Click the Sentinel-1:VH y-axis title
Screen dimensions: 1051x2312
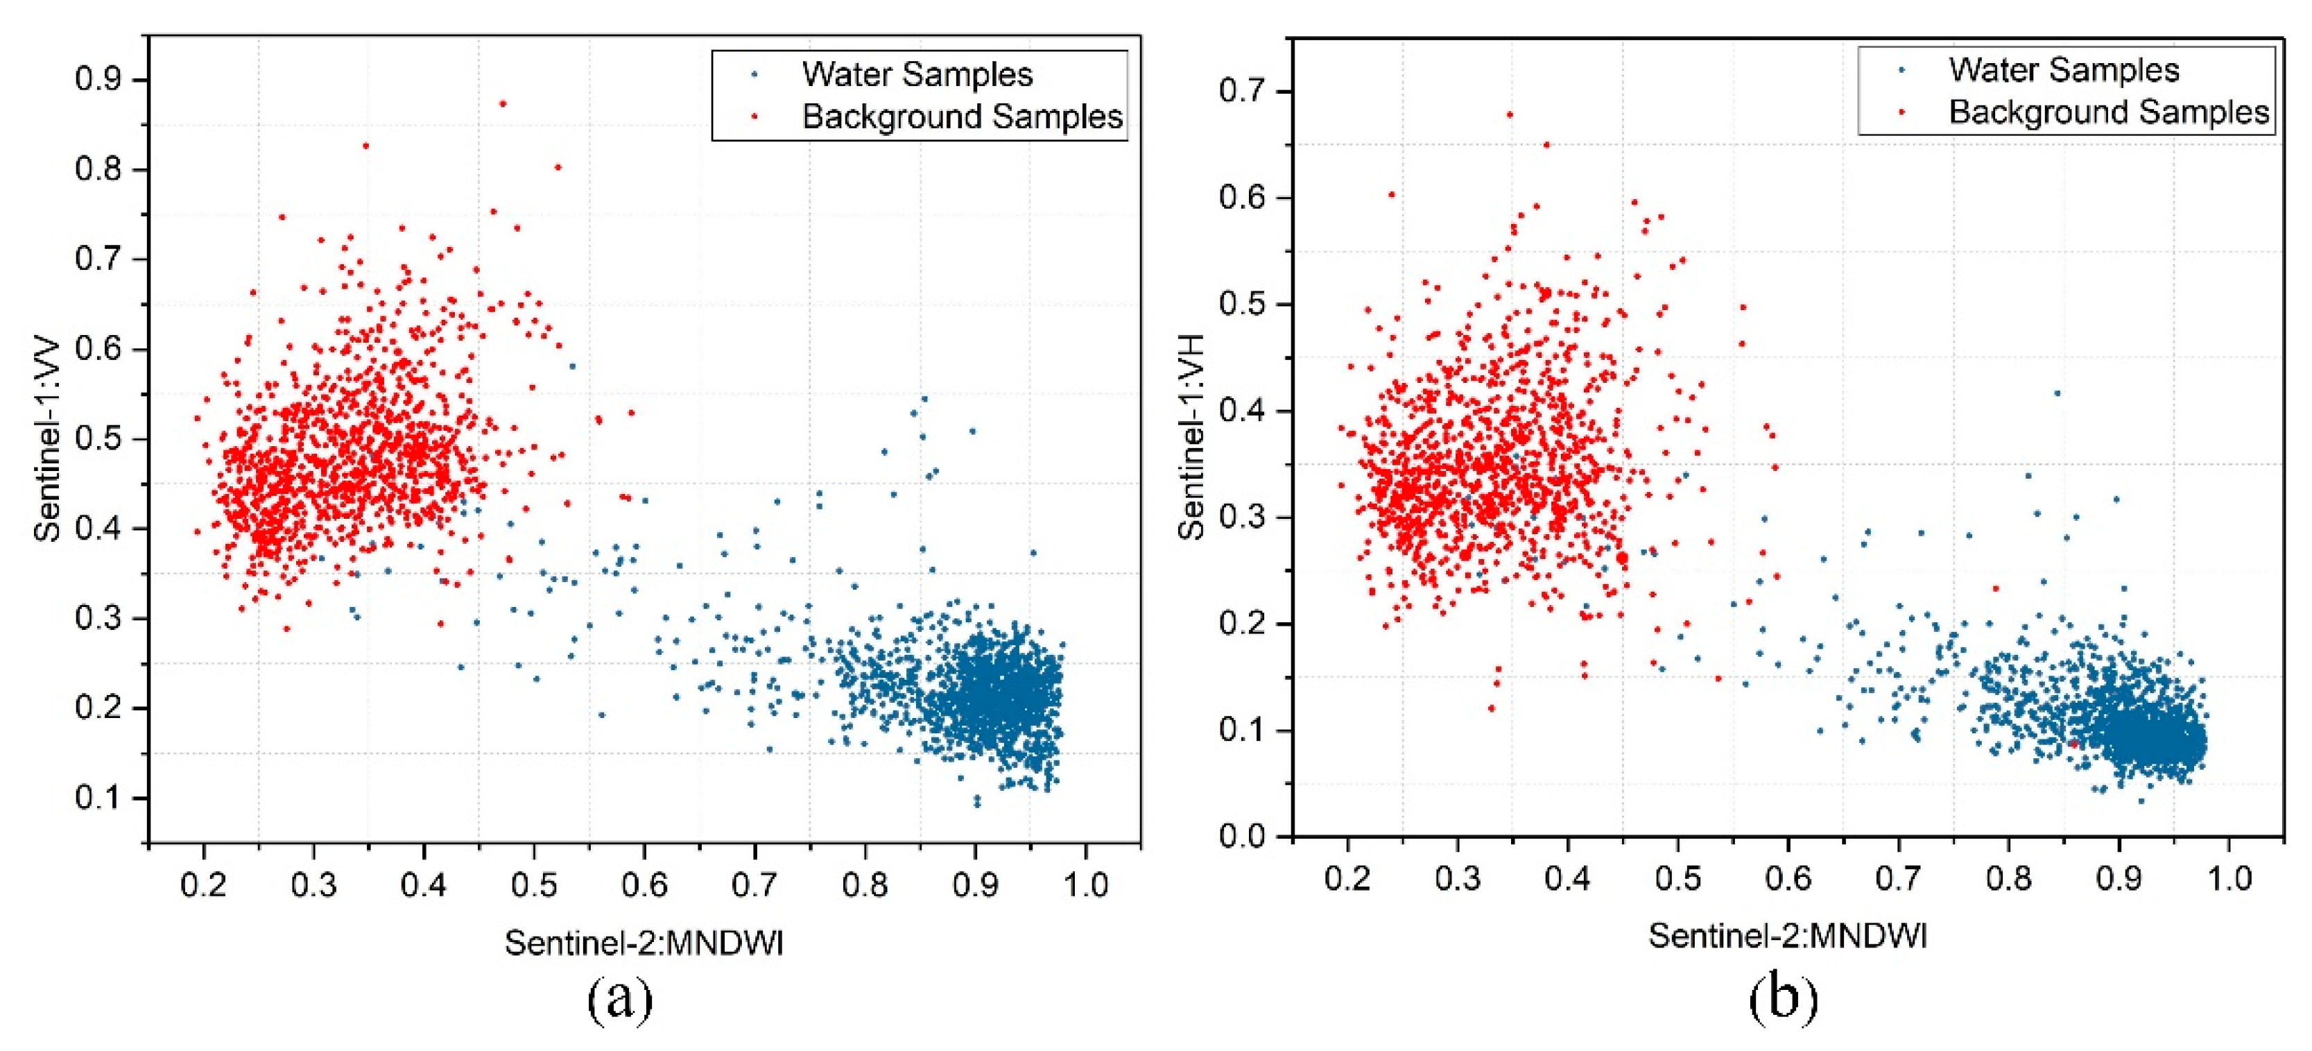click(x=1191, y=437)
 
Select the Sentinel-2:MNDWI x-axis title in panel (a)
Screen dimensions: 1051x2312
click(x=644, y=942)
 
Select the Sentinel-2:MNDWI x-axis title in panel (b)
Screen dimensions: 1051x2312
click(x=1787, y=936)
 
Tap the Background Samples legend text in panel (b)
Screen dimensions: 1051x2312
click(x=2108, y=112)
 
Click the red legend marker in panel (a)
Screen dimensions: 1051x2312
click(x=754, y=116)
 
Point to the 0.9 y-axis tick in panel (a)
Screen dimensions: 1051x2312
click(x=98, y=80)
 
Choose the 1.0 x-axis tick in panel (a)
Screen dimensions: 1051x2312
click(x=1085, y=885)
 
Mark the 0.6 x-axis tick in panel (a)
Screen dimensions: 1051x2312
click(x=644, y=885)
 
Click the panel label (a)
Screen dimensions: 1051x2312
click(x=619, y=998)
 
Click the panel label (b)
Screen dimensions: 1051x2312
click(x=1784, y=998)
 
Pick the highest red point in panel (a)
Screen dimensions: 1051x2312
click(x=503, y=104)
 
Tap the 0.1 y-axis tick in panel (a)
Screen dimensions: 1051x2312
click(x=98, y=798)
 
